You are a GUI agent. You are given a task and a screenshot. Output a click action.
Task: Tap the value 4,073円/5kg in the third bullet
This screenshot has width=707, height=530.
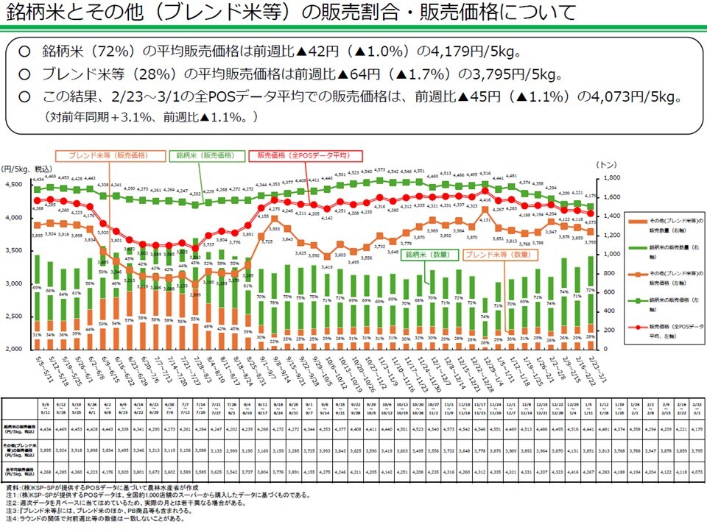640,97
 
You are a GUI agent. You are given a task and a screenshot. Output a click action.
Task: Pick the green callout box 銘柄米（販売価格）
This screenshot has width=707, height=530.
205,156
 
